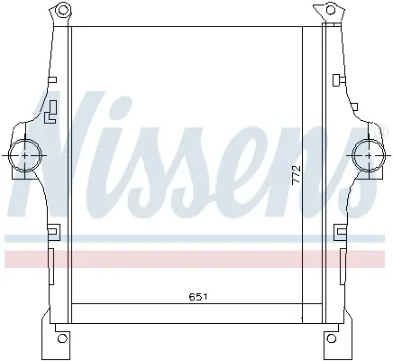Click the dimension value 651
pos(198,297)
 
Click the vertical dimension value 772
pos(297,174)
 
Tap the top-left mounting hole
pos(62,10)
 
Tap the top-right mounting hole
pos(331,10)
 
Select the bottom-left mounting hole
pos(62,338)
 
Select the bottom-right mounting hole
pos(331,338)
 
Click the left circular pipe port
pos(25,155)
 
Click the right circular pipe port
pos(370,155)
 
